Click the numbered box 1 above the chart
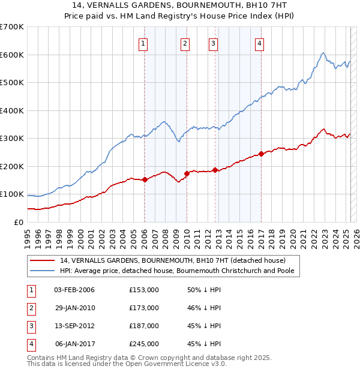[x=144, y=43]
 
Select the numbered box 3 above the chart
[x=213, y=43]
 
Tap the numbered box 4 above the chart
[x=259, y=43]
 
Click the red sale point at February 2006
[x=145, y=179]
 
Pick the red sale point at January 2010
[x=187, y=173]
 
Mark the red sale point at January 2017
[x=261, y=154]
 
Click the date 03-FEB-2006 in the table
[x=74, y=290]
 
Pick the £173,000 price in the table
[x=144, y=308]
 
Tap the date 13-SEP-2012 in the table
[x=74, y=326]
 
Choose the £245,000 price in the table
[x=144, y=344]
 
